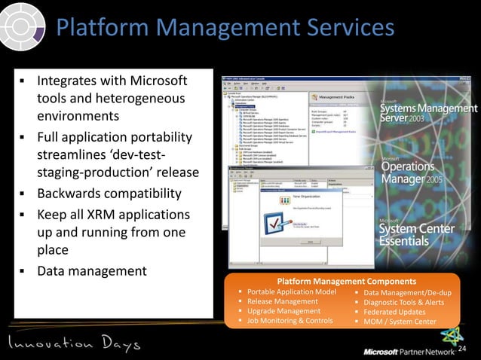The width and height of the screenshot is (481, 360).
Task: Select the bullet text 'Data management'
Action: point(91,270)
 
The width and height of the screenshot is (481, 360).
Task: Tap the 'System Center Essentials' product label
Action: point(417,233)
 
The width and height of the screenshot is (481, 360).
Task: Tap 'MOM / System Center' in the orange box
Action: point(400,322)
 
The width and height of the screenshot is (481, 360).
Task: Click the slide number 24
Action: point(463,348)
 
